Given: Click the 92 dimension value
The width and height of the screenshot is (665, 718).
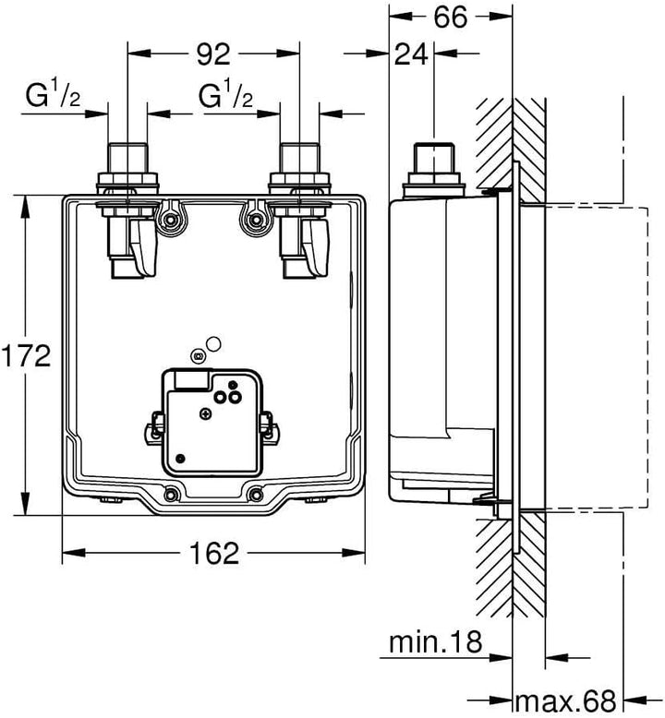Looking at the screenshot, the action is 213,54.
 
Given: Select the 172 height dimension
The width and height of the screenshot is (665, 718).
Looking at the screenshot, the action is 25,356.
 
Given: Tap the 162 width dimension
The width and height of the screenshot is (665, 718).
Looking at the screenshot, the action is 214,553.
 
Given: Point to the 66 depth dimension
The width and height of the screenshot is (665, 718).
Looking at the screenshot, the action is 451,18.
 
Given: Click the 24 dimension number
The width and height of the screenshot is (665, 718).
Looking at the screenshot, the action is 411,54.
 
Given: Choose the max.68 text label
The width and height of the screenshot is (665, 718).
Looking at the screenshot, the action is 566,700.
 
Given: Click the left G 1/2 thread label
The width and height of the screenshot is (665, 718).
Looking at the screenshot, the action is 53,96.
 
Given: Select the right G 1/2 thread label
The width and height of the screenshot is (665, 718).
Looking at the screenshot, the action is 225,96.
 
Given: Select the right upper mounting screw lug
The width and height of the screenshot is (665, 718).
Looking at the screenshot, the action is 252,220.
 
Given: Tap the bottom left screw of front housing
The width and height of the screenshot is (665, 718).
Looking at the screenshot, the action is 172,494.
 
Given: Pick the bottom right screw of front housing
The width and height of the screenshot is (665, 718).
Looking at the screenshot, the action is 256,494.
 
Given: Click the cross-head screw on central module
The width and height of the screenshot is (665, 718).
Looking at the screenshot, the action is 206,414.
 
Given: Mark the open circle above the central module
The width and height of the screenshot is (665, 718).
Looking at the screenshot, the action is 213,344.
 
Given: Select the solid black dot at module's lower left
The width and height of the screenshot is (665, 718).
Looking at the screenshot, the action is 181,459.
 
